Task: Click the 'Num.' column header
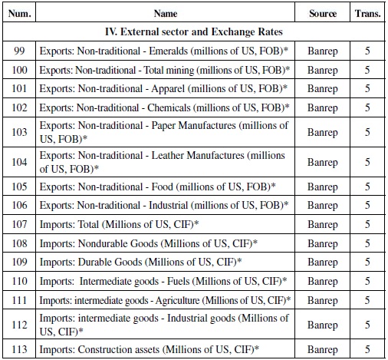pyautogui.click(x=19, y=13)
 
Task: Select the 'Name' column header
pyautogui.click(x=166, y=13)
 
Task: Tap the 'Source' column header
pyautogui.click(x=322, y=13)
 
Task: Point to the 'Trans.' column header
pyautogui.click(x=367, y=13)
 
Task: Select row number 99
pyautogui.click(x=19, y=51)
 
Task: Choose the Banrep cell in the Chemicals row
pyautogui.click(x=322, y=108)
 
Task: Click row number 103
pyautogui.click(x=19, y=132)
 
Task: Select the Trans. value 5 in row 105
pyautogui.click(x=367, y=187)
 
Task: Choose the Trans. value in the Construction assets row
pyautogui.click(x=367, y=349)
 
